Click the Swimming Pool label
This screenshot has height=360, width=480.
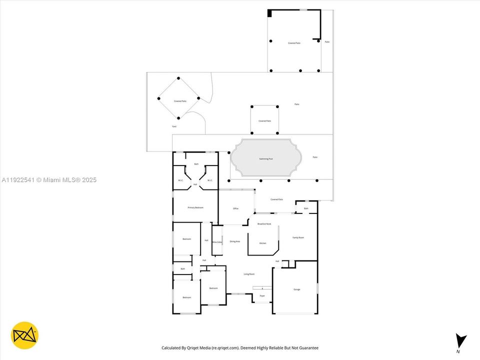click(x=266, y=159)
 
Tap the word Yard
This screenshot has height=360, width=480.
click(x=174, y=126)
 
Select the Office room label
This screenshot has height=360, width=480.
click(x=235, y=208)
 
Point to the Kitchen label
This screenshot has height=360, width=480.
click(x=263, y=243)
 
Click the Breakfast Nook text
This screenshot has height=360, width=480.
click(x=264, y=224)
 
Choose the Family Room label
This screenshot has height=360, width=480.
click(x=298, y=237)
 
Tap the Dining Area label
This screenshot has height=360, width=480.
click(x=235, y=241)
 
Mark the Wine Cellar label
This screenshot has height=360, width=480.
click(x=217, y=242)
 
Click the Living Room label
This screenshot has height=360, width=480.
click(x=249, y=274)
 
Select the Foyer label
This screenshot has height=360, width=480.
click(x=262, y=296)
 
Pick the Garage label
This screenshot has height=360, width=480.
click(x=296, y=289)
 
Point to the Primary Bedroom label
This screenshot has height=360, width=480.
click(x=195, y=207)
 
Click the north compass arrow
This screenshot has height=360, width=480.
click(x=461, y=341)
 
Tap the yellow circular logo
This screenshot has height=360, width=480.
click(x=24, y=335)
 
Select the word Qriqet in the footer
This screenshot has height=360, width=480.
click(x=202, y=348)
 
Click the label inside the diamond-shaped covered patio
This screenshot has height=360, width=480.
click(x=180, y=101)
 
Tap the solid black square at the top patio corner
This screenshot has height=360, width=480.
click(x=270, y=13)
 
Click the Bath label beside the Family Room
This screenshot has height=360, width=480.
click(x=306, y=208)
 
